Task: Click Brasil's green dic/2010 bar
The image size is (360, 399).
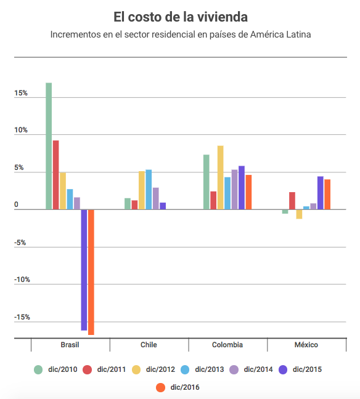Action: [x=49, y=146]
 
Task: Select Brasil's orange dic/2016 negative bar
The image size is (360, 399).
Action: [x=91, y=272]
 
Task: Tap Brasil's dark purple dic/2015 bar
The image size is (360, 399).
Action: [x=84, y=270]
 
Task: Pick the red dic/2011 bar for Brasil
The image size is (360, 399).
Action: [x=56, y=175]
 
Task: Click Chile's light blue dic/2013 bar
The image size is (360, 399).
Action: [x=149, y=190]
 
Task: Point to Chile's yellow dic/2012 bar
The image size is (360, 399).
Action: [x=142, y=190]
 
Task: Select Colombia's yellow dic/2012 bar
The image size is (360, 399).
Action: [x=221, y=177]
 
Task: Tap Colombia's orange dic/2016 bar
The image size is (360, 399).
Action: [x=248, y=192]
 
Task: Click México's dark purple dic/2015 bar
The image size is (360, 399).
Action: [x=321, y=193]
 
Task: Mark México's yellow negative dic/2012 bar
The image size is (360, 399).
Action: [x=299, y=214]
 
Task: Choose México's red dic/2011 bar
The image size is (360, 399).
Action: [x=292, y=201]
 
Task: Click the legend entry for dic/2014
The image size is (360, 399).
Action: [x=252, y=369]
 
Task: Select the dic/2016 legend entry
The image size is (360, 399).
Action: [x=178, y=387]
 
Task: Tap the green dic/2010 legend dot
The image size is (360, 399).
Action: [x=38, y=369]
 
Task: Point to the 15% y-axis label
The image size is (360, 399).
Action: [x=21, y=93]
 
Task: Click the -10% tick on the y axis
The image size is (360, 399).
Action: [x=22, y=280]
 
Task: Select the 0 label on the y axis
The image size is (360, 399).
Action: [x=16, y=204]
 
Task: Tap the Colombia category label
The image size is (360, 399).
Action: [x=227, y=345]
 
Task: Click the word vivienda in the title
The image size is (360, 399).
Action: [x=223, y=17]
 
